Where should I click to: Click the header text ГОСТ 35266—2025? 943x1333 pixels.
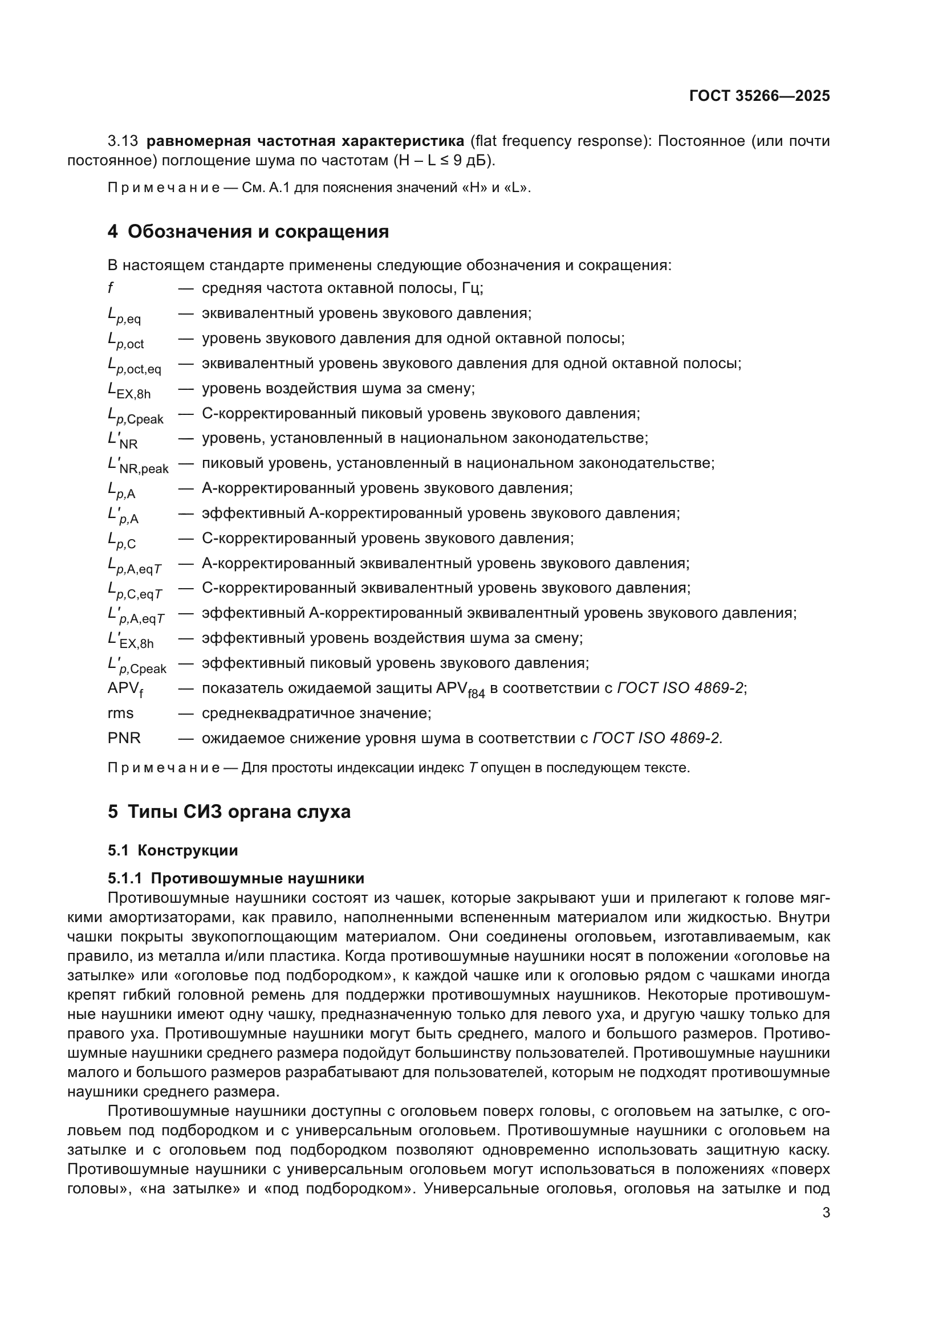tap(759, 96)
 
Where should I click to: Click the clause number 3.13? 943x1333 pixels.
tap(123, 141)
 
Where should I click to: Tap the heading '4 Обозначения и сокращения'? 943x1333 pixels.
tap(248, 231)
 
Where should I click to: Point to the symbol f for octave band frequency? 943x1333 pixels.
tap(111, 288)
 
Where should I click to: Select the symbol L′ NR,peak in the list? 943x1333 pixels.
tap(137, 465)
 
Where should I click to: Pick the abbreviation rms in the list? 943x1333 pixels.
tap(120, 713)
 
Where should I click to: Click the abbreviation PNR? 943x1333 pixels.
tap(124, 738)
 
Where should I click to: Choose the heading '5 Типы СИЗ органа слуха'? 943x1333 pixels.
tap(229, 812)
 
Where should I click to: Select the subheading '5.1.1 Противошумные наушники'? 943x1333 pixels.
tap(236, 878)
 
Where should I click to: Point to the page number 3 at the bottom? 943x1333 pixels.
tap(826, 1213)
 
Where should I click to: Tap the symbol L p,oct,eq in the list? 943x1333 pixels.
tap(134, 365)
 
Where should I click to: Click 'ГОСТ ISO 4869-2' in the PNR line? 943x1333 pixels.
tap(657, 738)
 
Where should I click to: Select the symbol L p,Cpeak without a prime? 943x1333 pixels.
tap(135, 415)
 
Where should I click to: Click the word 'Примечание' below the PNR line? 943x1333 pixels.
tap(164, 768)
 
